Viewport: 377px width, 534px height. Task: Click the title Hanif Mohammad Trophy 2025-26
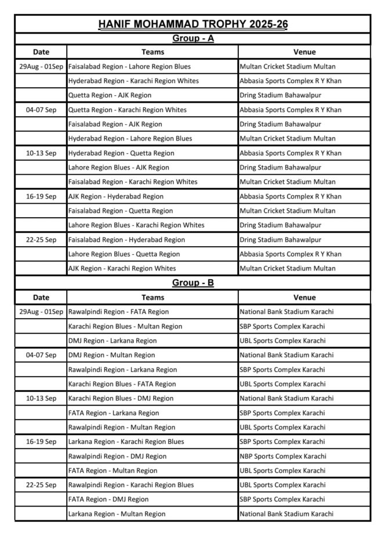[193, 24]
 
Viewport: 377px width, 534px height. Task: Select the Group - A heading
[193, 38]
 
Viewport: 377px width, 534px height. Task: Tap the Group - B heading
[193, 283]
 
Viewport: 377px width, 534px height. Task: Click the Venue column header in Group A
[304, 52]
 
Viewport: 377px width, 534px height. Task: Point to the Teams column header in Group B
[153, 297]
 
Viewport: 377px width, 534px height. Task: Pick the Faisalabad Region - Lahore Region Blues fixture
[129, 66]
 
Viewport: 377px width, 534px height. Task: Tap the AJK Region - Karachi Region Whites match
[122, 268]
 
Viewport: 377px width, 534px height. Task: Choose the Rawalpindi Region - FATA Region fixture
[118, 312]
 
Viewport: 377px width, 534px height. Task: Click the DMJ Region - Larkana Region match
[112, 341]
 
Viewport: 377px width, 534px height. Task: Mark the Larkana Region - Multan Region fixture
[117, 514]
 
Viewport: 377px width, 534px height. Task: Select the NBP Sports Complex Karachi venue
[282, 456]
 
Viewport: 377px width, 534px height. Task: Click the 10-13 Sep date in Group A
[41, 153]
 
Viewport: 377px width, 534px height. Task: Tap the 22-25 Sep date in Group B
[41, 485]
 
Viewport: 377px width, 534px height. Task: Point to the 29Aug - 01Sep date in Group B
[41, 312]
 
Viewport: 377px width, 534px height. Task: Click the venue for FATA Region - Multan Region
[282, 471]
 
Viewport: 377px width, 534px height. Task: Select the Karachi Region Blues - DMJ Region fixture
[121, 398]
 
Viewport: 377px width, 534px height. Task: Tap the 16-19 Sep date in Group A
[41, 196]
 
